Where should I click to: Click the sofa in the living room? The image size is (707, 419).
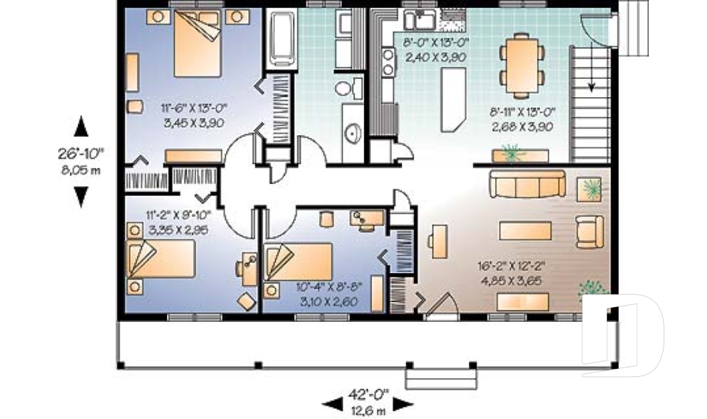click(x=525, y=184)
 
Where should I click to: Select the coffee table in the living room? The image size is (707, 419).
click(x=525, y=230)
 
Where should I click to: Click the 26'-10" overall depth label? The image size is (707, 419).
click(x=82, y=154)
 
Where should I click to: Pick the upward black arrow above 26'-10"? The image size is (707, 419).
click(x=82, y=127)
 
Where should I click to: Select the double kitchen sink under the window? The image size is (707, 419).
click(x=422, y=18)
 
